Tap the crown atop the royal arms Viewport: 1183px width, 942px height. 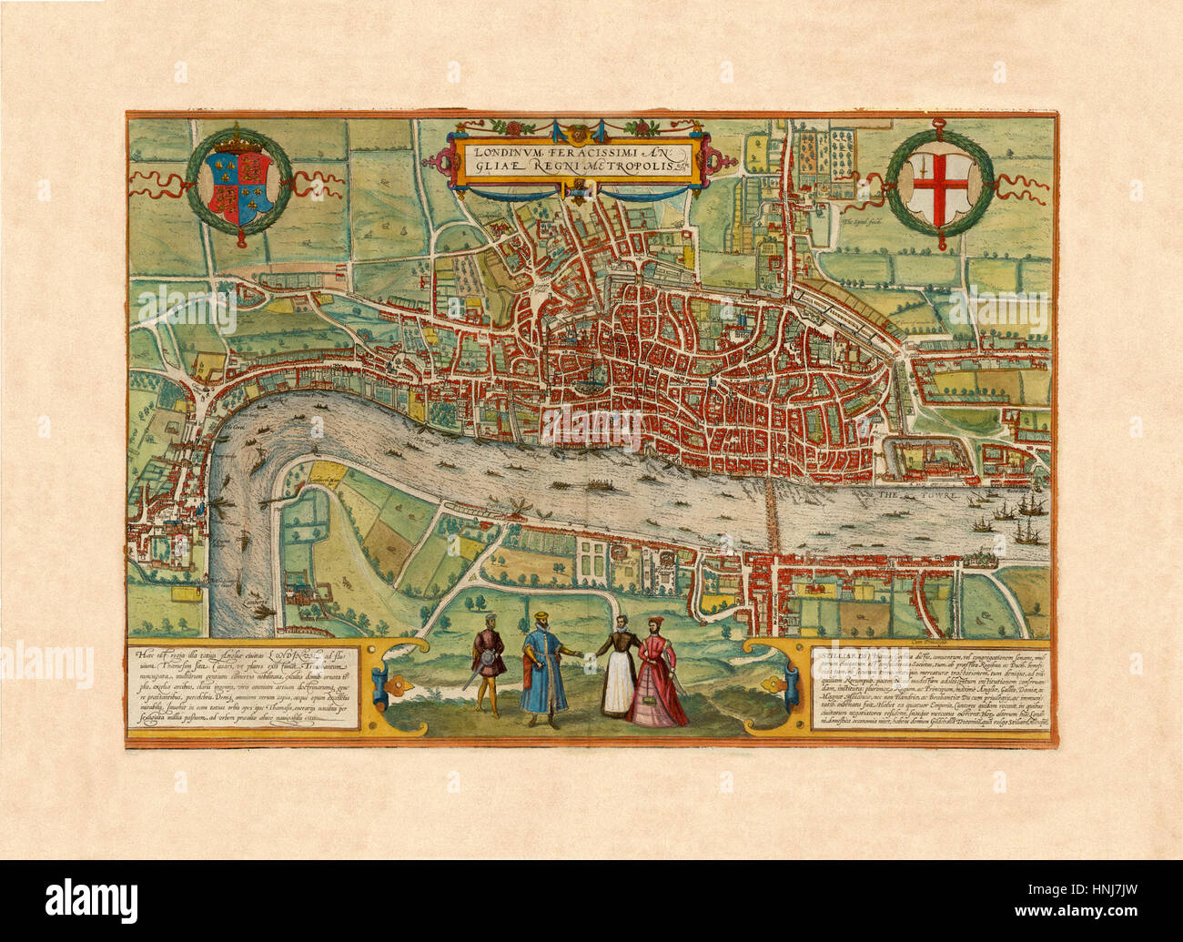coord(239,144)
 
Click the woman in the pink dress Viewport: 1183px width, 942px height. coord(662,678)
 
